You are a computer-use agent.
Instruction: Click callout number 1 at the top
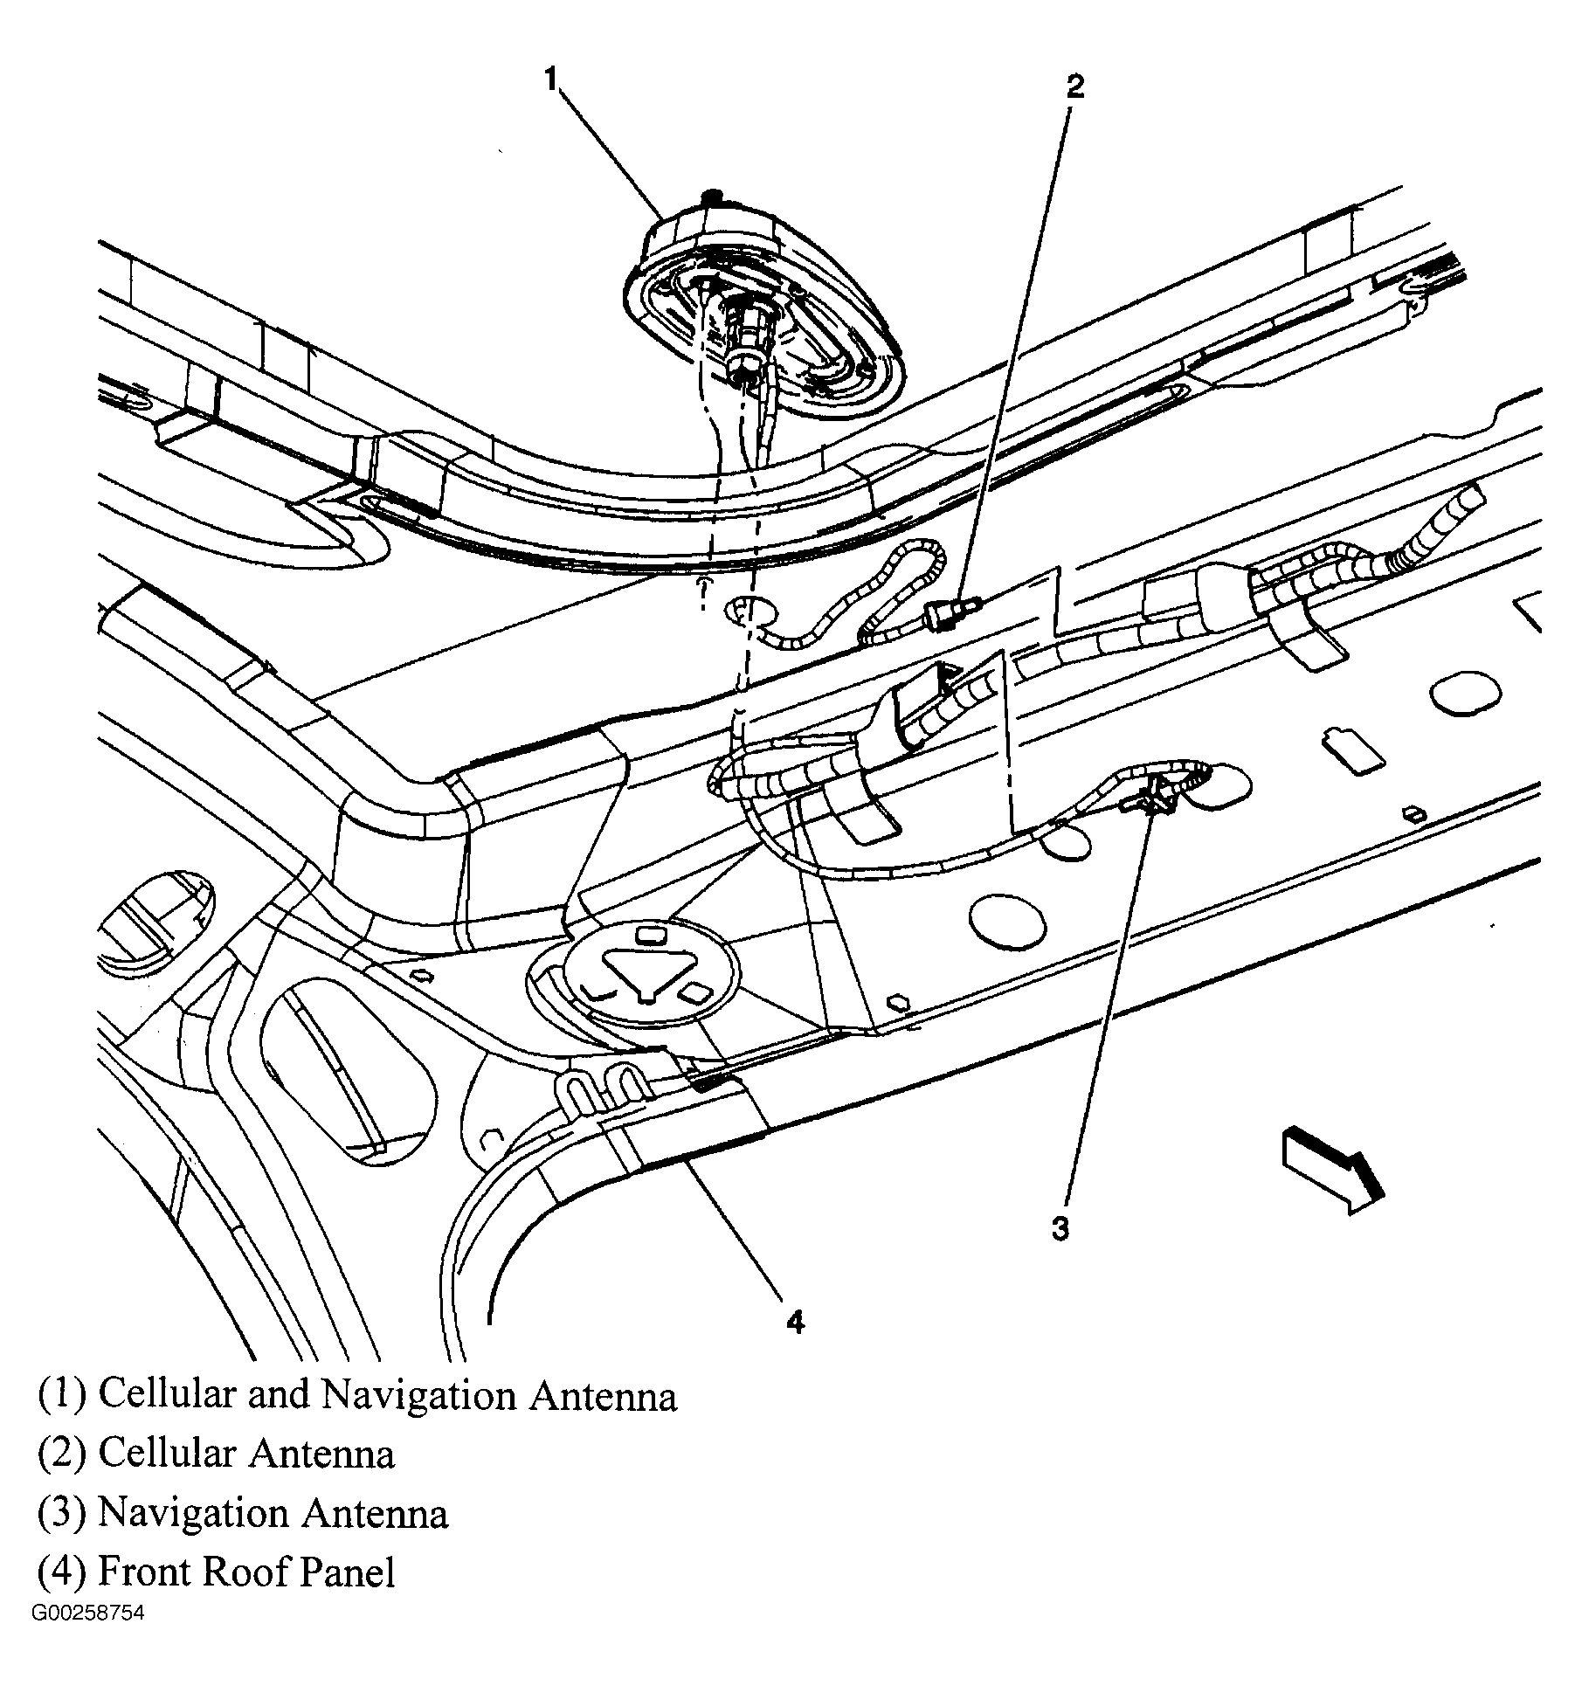550,79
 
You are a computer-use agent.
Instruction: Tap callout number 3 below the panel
1060,1229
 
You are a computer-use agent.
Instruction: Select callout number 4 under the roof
794,1322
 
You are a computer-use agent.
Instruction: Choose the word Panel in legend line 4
348,1572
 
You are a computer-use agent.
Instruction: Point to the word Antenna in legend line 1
603,1396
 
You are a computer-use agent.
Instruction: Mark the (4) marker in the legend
61,1572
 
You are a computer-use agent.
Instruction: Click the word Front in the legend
144,1572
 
